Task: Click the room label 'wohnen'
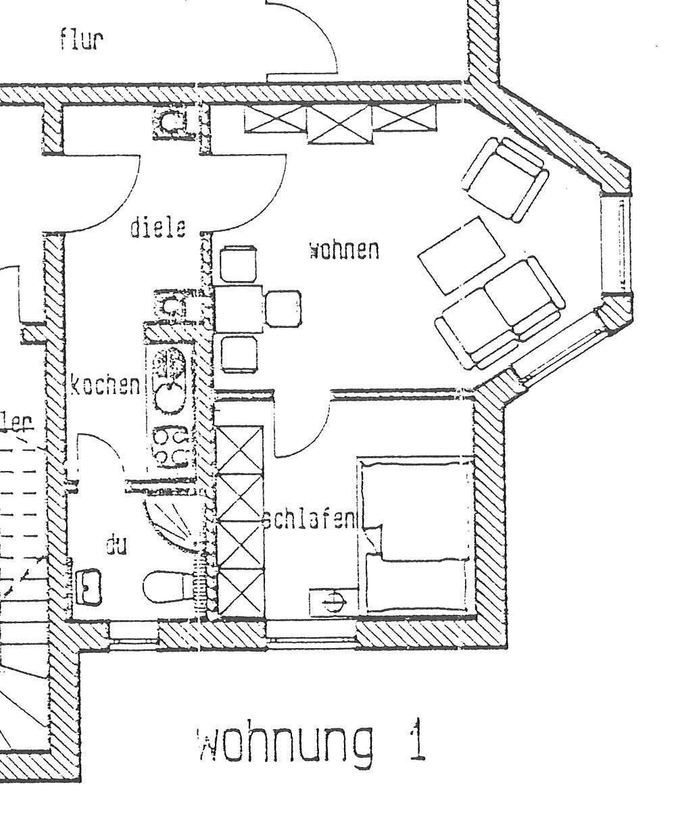tap(343, 251)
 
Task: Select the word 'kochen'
tap(105, 386)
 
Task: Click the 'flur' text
tap(81, 41)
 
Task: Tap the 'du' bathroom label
tap(116, 544)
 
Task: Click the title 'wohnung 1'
tap(312, 742)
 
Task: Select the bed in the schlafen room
tap(416, 534)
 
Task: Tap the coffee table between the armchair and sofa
tap(462, 255)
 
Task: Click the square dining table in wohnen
tap(239, 308)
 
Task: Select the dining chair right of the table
tap(283, 308)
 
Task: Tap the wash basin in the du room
tap(89, 586)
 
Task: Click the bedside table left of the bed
tap(331, 601)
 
